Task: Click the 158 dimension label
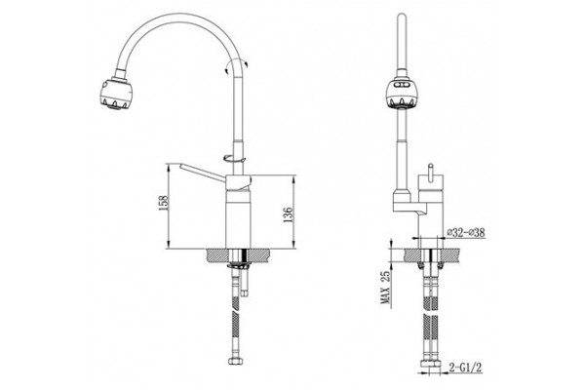pyautogui.click(x=164, y=202)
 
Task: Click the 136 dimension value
pyautogui.click(x=289, y=214)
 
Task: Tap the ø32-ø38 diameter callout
pyautogui.click(x=466, y=232)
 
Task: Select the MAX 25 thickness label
pyautogui.click(x=385, y=287)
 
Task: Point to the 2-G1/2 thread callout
pyautogui.click(x=465, y=368)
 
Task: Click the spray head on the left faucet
pyautogui.click(x=116, y=93)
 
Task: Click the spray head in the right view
pyautogui.click(x=401, y=94)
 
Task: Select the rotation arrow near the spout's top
pyautogui.click(x=237, y=66)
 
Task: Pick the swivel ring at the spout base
pyautogui.click(x=235, y=158)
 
